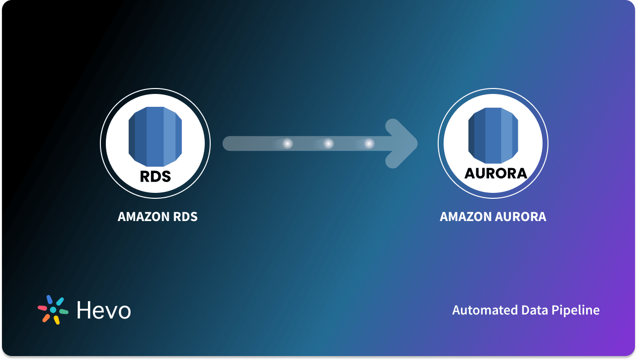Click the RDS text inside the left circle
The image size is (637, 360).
click(x=155, y=176)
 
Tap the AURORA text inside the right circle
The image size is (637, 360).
click(x=496, y=173)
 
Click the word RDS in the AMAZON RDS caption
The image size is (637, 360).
click(x=184, y=217)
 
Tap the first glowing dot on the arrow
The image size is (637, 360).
click(x=287, y=143)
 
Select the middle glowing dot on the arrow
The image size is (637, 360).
click(x=328, y=143)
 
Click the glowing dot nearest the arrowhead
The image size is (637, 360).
click(x=369, y=143)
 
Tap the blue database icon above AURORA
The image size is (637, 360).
click(x=493, y=135)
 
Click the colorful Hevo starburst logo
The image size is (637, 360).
click(x=53, y=310)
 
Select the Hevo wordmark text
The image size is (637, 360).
click(x=104, y=310)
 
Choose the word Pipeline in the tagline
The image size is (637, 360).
click(x=576, y=311)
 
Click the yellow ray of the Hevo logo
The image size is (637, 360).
click(x=57, y=320)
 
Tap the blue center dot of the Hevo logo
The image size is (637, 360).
click(x=53, y=310)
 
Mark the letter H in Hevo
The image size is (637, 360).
click(x=84, y=310)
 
